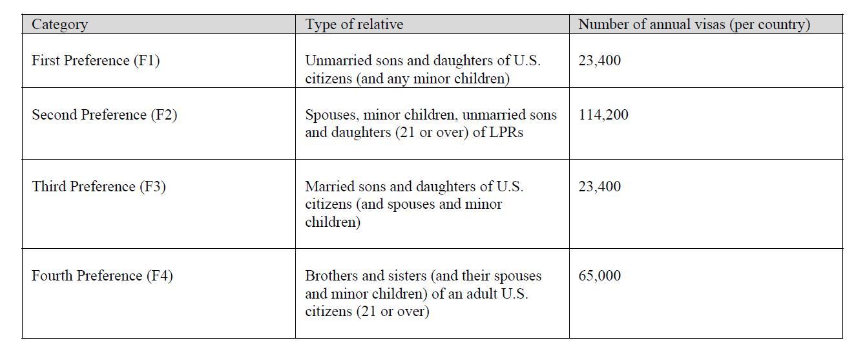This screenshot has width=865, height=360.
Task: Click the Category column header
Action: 59,25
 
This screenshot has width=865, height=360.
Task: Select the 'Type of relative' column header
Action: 354,25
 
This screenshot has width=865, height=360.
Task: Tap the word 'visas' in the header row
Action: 707,25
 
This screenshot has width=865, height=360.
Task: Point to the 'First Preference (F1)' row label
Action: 96,61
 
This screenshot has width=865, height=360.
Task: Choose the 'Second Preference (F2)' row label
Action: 104,115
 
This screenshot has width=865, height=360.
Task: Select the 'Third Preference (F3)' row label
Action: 99,187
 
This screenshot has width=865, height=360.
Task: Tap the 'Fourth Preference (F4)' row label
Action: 102,276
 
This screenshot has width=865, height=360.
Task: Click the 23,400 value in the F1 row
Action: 599,61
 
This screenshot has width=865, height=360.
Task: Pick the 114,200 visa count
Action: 603,115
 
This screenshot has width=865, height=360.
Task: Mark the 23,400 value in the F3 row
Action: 599,187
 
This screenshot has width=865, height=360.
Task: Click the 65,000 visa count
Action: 599,276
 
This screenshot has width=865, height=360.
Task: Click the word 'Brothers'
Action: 331,276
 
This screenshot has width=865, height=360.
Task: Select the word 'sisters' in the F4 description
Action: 404,276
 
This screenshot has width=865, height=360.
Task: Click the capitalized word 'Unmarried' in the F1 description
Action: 337,61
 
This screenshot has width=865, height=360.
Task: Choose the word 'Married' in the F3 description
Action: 329,187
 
